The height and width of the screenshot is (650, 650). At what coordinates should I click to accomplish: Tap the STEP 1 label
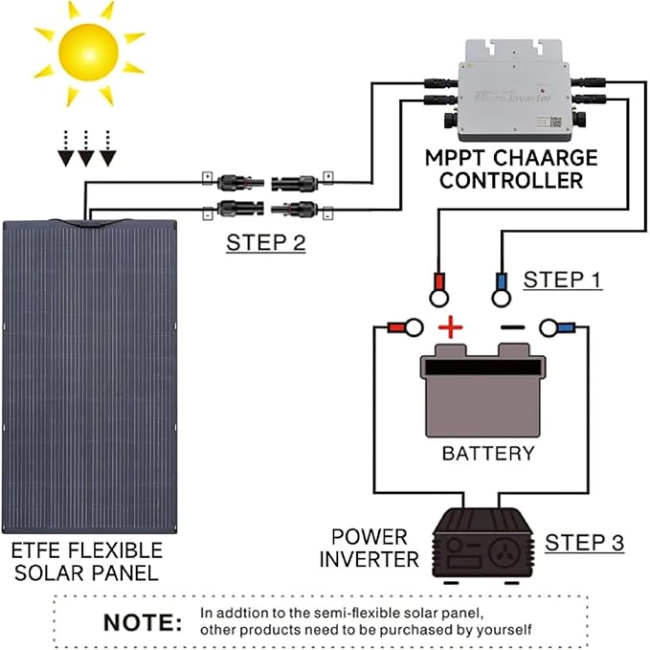click(x=563, y=280)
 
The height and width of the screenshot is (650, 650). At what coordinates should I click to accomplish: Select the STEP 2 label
click(x=265, y=242)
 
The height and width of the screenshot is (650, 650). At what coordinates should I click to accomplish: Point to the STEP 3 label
click(x=584, y=543)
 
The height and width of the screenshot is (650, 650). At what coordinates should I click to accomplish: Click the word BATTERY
click(x=487, y=453)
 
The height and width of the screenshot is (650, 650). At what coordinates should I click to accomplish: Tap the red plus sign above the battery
click(x=450, y=329)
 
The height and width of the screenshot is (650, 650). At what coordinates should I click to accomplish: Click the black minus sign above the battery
click(x=512, y=327)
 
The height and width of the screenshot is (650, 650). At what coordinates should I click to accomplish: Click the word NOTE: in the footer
click(x=142, y=622)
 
